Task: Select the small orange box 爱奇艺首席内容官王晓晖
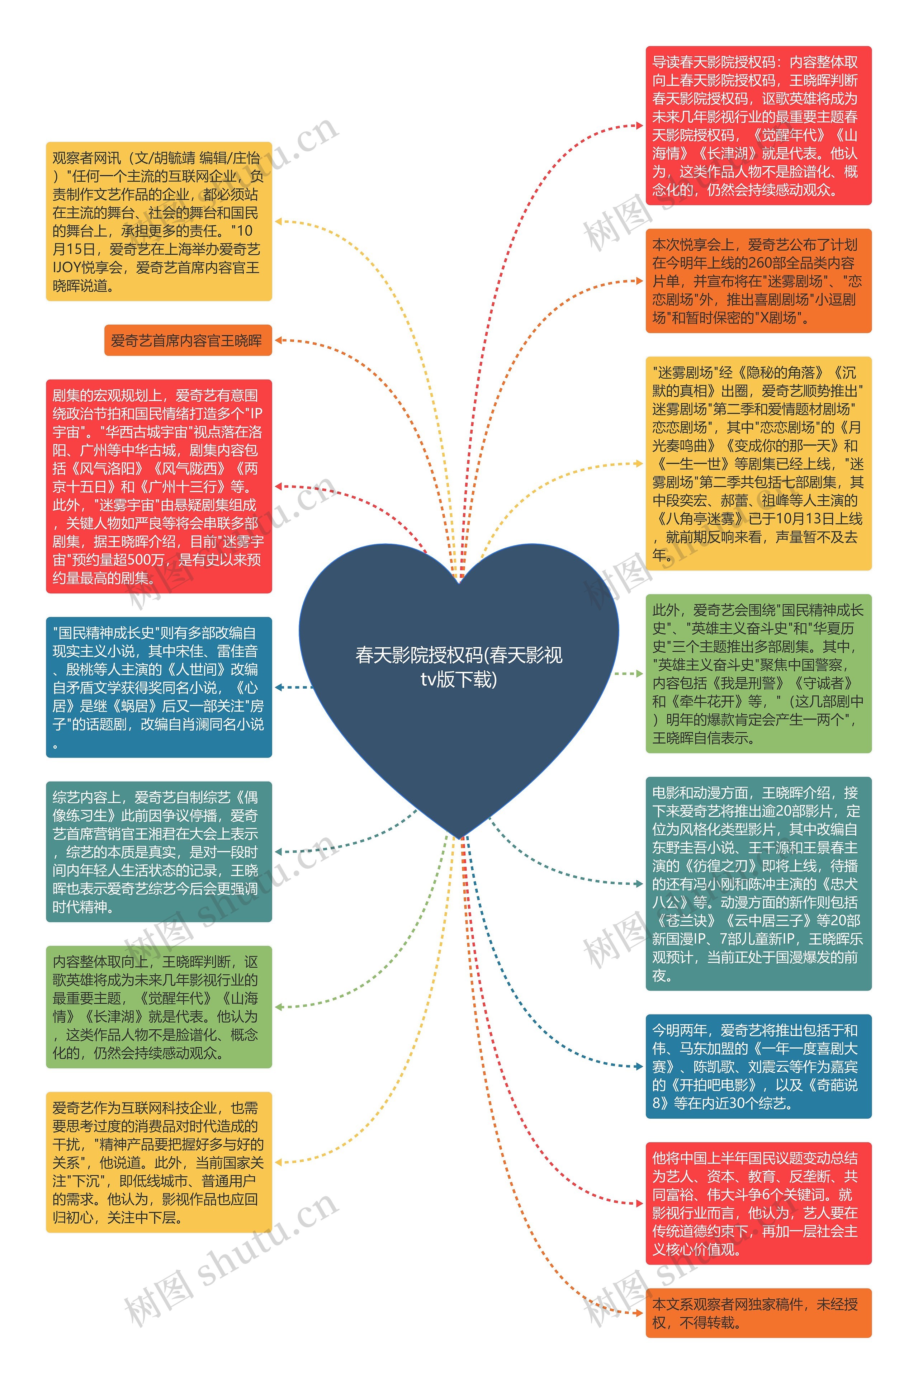[x=187, y=340]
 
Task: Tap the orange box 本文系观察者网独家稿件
[x=758, y=1313]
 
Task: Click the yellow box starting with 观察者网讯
[x=158, y=221]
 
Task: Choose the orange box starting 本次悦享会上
[x=758, y=281]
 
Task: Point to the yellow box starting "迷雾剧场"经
[x=758, y=463]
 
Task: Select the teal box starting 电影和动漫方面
[x=758, y=883]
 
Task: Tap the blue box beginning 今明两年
[x=758, y=1066]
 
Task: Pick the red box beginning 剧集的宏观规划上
[x=158, y=486]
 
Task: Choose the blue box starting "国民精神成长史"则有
[x=158, y=687]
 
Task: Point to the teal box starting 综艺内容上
[x=158, y=851]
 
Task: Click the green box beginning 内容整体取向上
[x=158, y=1006]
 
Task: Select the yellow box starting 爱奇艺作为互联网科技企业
[x=158, y=1162]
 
